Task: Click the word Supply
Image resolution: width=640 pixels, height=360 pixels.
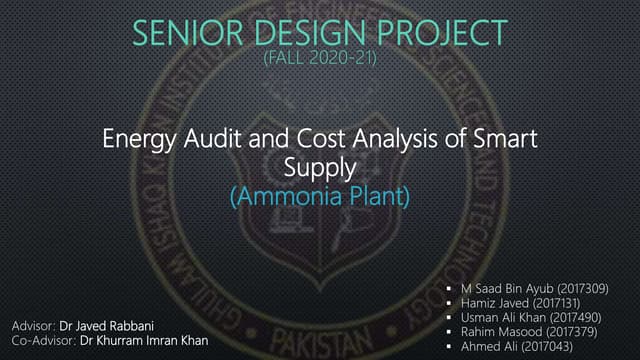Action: (320, 167)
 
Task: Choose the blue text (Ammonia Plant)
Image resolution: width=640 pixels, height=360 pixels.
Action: (320, 196)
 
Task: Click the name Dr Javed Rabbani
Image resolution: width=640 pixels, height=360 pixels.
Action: (104, 326)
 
